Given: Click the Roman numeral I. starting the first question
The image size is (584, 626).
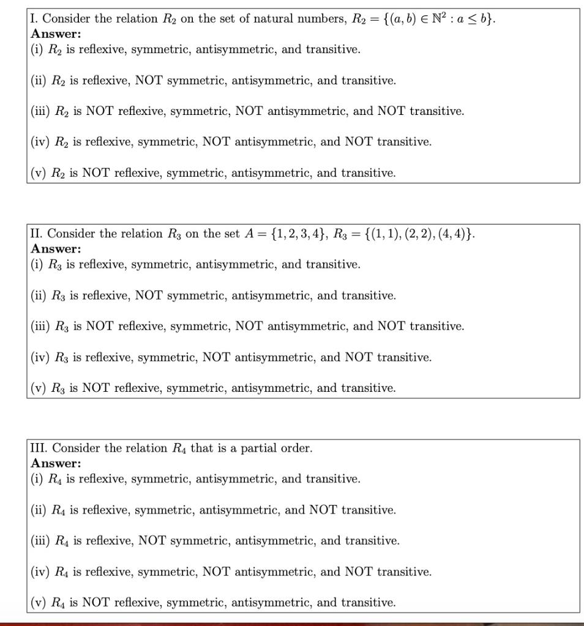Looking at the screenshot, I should (35, 19).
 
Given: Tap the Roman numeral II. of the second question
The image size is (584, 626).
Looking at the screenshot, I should (37, 234).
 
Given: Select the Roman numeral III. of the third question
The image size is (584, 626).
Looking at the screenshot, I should (40, 449).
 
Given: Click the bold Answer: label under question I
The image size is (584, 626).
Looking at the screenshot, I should (56, 34).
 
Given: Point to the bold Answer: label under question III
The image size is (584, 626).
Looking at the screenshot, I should (56, 463).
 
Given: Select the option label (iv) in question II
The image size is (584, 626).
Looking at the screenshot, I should (40, 357).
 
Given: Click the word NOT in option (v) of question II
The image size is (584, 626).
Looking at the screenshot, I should (96, 388).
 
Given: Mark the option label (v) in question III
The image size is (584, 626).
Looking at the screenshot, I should (39, 603).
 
